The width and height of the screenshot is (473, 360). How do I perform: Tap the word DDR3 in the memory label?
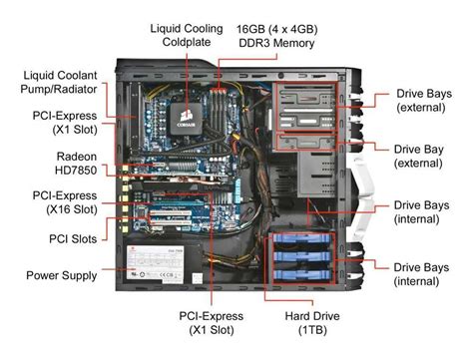point(246,44)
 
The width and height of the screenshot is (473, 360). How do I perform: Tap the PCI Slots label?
point(72,239)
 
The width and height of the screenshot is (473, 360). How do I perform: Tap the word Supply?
point(87,274)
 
